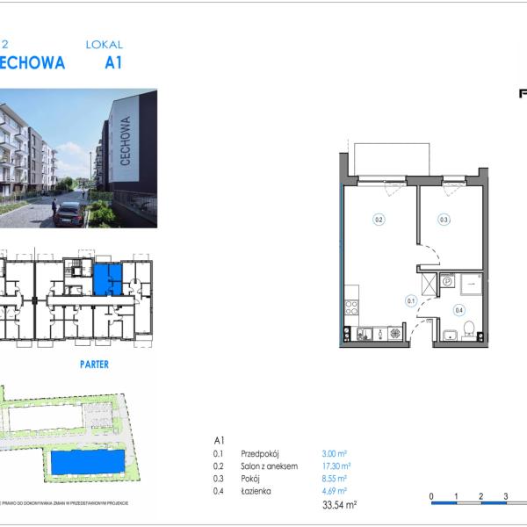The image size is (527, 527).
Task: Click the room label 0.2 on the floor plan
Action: click(379, 220)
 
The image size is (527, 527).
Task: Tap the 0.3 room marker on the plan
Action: click(444, 220)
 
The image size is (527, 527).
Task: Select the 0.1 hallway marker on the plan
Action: click(410, 300)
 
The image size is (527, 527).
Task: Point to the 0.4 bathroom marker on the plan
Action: click(458, 309)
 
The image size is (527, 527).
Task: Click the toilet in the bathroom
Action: click(470, 329)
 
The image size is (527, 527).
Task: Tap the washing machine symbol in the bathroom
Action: click(446, 282)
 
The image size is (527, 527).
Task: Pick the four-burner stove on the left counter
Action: click(351, 308)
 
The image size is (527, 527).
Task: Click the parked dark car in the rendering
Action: click(69, 213)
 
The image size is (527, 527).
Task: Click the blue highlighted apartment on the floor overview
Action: click(108, 279)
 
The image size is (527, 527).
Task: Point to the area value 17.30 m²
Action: click(336, 466)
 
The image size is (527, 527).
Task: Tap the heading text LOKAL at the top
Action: click(105, 44)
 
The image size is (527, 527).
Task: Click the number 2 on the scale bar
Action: click(481, 497)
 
